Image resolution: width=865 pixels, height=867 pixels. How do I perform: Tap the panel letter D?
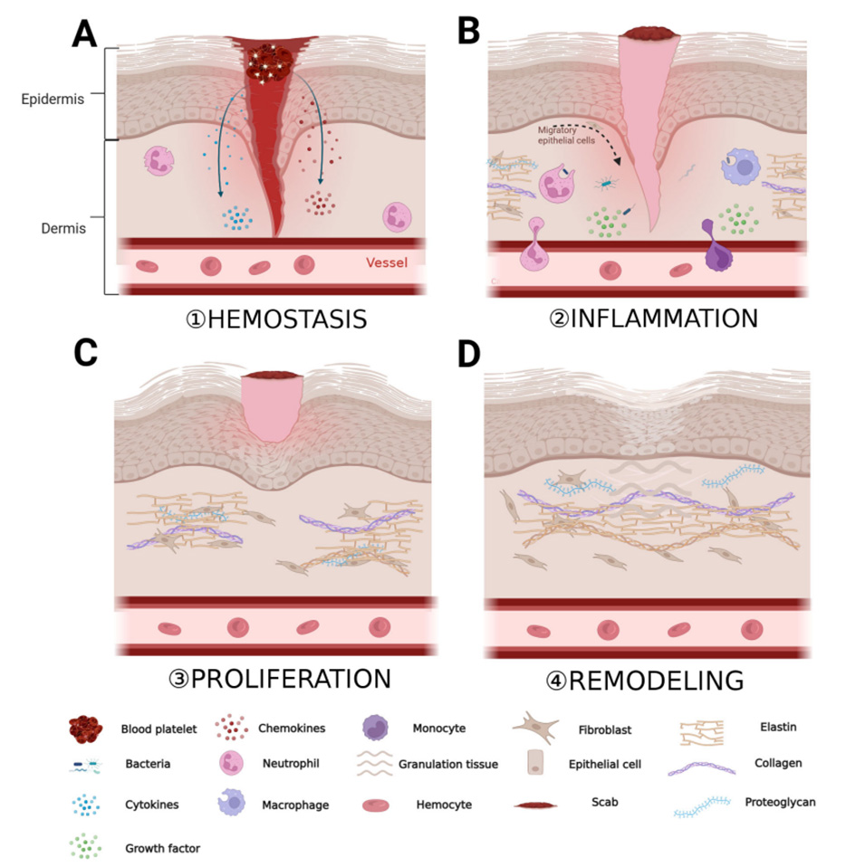point(470,354)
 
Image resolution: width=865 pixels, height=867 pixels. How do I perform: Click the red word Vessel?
point(387,263)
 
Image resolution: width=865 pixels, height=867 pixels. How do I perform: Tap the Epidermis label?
point(53,100)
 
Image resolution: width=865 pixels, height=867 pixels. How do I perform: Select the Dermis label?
point(63,229)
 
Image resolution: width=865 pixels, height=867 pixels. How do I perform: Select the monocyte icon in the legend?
point(385,729)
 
